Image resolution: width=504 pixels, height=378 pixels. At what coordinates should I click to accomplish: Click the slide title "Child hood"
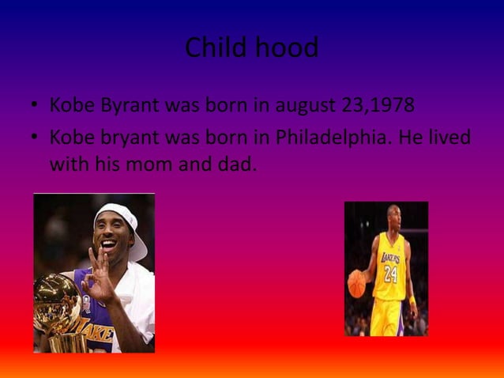click(251, 48)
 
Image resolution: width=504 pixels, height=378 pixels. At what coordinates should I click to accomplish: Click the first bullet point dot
click(36, 106)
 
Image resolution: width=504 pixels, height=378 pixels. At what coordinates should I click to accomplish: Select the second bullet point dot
click(36, 138)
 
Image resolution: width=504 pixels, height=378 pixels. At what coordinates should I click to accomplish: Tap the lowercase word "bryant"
click(126, 138)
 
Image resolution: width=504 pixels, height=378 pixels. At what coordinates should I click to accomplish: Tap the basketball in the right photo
click(357, 283)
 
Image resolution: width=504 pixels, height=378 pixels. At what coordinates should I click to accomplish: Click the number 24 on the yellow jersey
click(390, 274)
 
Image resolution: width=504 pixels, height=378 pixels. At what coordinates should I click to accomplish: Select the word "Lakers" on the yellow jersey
click(390, 259)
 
